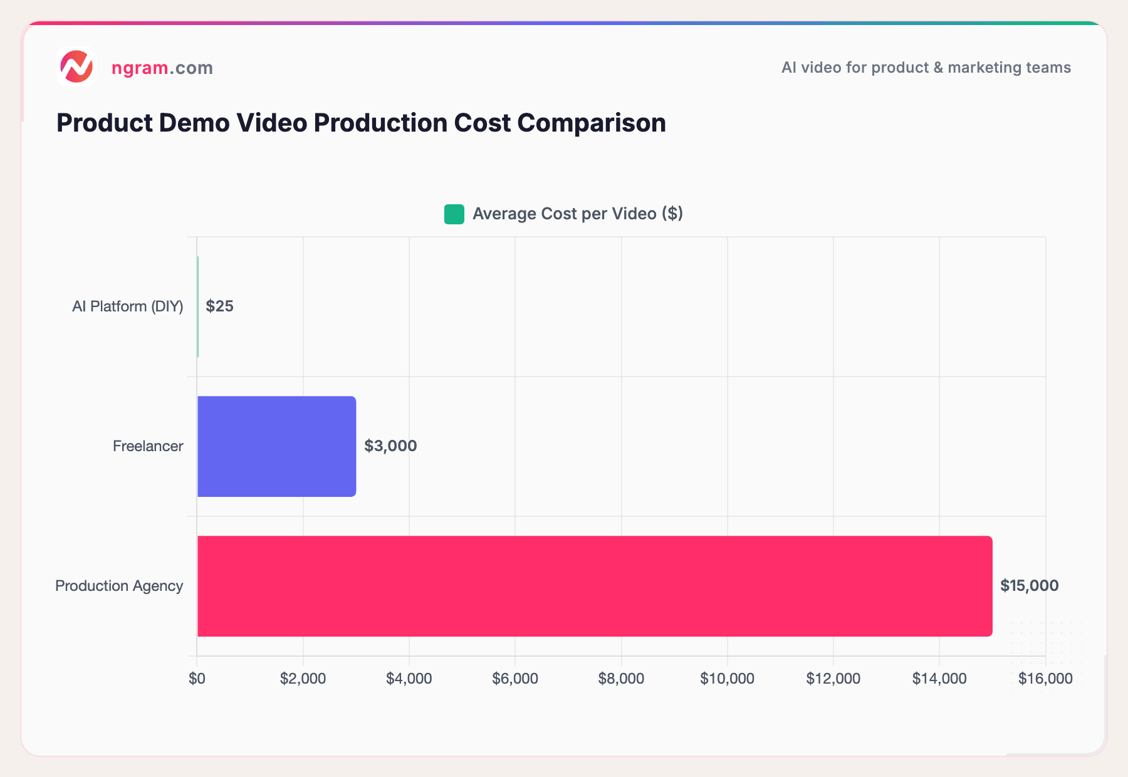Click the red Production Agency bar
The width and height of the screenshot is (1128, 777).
coord(594,586)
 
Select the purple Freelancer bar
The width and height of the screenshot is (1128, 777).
coord(276,446)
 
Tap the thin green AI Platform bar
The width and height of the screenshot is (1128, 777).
coord(198,306)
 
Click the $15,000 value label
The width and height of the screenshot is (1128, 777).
coord(1029,586)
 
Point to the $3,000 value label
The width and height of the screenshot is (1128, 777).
coord(390,446)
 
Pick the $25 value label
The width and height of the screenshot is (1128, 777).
coord(219,306)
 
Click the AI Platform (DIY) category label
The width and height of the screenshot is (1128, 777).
coord(127,306)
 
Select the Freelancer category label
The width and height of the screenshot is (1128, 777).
coord(148,446)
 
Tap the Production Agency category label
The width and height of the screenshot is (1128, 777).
coord(119,586)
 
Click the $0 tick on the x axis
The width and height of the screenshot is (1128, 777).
coord(197,679)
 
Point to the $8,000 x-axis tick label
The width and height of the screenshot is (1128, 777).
coord(621,679)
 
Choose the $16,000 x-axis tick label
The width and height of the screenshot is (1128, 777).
coord(1045,679)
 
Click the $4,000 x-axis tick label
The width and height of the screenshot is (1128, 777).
coord(409,679)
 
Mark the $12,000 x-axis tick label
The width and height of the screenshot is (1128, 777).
coord(833,679)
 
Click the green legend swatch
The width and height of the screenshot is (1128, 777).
coord(454,214)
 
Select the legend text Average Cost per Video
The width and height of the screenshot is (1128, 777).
coord(577,214)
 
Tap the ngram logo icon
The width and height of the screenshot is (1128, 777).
coord(76,66)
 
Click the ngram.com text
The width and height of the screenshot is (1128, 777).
coord(162,68)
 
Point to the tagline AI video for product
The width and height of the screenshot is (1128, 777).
coord(926,68)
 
